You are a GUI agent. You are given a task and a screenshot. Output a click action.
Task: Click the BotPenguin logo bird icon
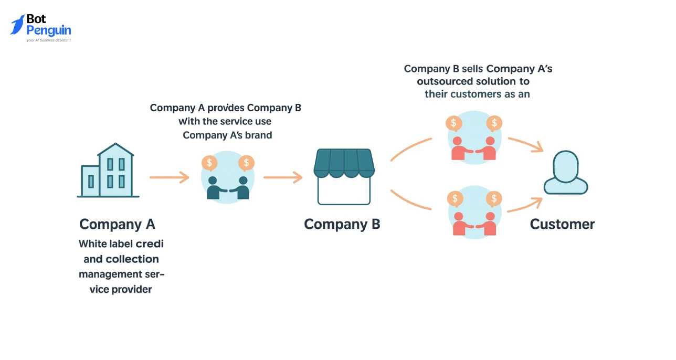pyautogui.click(x=17, y=25)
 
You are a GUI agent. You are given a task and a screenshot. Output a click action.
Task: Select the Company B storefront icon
pyautogui.click(x=344, y=176)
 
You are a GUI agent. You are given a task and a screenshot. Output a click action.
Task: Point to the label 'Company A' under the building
pyautogui.click(x=117, y=225)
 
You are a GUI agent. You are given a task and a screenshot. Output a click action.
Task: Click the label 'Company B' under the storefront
pyautogui.click(x=342, y=225)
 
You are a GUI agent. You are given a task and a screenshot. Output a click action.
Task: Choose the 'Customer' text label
pyautogui.click(x=562, y=225)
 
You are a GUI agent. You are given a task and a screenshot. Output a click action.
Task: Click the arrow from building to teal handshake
pyautogui.click(x=169, y=177)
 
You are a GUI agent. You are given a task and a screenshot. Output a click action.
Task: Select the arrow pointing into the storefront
pyautogui.click(x=283, y=177)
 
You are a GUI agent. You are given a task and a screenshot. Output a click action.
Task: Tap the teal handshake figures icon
pyautogui.click(x=228, y=187)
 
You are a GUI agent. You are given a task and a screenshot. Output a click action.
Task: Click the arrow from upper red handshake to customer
pyautogui.click(x=525, y=145)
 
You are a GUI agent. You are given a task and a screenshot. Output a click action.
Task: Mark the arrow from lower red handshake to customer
pyautogui.click(x=524, y=205)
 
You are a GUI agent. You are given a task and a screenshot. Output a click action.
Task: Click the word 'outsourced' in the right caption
pyautogui.click(x=444, y=82)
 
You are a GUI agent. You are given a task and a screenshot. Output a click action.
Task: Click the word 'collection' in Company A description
pyautogui.click(x=132, y=259)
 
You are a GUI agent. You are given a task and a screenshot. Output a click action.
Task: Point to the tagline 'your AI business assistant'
pyautogui.click(x=49, y=40)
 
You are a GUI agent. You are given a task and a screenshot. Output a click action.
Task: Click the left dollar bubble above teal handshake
pyautogui.click(x=210, y=163)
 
